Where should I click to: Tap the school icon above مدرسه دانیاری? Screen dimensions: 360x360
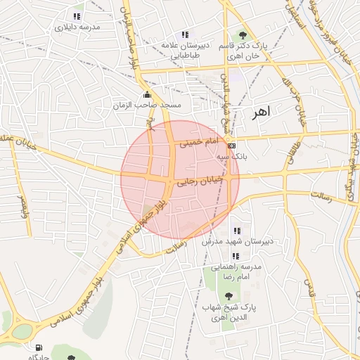point(77,16)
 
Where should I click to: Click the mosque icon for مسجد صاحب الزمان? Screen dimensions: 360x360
point(146,95)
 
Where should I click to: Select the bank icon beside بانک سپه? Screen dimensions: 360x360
point(232,145)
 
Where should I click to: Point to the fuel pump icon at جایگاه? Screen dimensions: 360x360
point(36,347)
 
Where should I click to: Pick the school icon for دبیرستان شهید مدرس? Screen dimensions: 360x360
point(236,230)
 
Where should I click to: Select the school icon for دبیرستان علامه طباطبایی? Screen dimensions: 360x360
point(184,34)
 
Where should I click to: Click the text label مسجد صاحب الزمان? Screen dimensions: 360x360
point(147,105)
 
